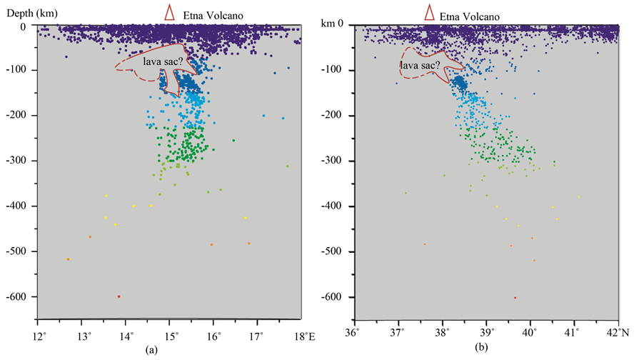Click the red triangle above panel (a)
click(170, 11)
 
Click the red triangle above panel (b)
click(430, 11)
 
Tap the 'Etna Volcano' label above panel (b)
click(470, 14)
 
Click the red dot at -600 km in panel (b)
click(515, 298)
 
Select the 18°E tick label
click(301, 336)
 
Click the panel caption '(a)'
click(150, 350)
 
